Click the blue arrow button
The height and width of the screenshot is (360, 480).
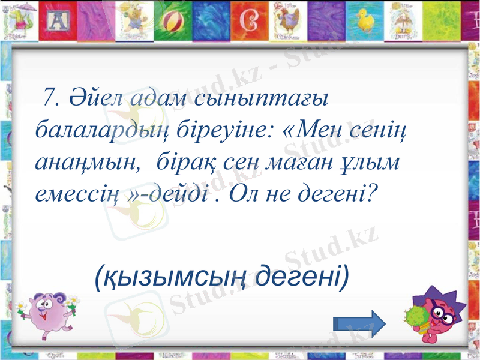(x=359, y=325)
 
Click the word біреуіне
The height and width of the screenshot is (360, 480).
(x=221, y=130)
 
